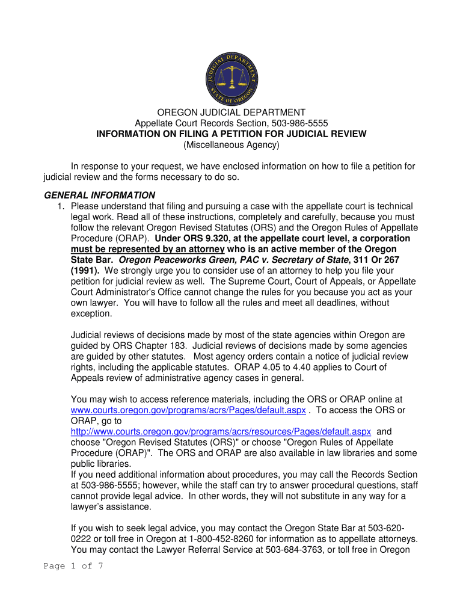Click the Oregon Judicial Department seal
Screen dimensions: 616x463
tap(231, 77)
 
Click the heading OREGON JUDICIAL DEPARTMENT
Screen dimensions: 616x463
tap(231, 112)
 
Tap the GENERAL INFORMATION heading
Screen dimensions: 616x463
tap(100, 196)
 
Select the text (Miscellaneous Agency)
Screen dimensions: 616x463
tap(231, 145)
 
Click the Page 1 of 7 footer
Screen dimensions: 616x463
tap(73, 566)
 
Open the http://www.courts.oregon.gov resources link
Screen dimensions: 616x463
tap(221, 431)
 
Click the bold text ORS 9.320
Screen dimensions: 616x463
tap(192, 239)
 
